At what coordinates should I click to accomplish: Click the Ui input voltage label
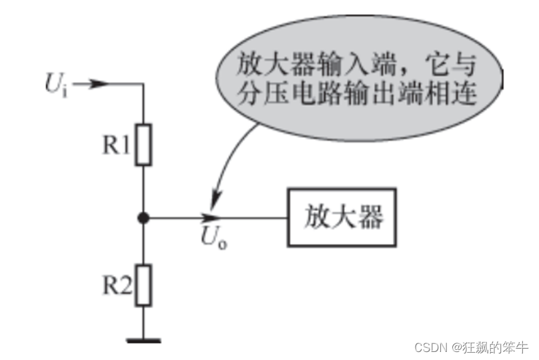(x=56, y=86)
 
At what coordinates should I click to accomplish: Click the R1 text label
(x=116, y=145)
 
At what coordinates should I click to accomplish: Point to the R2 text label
(x=116, y=285)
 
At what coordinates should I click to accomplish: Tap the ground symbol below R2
(x=143, y=340)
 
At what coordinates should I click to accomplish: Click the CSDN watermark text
(x=431, y=347)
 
